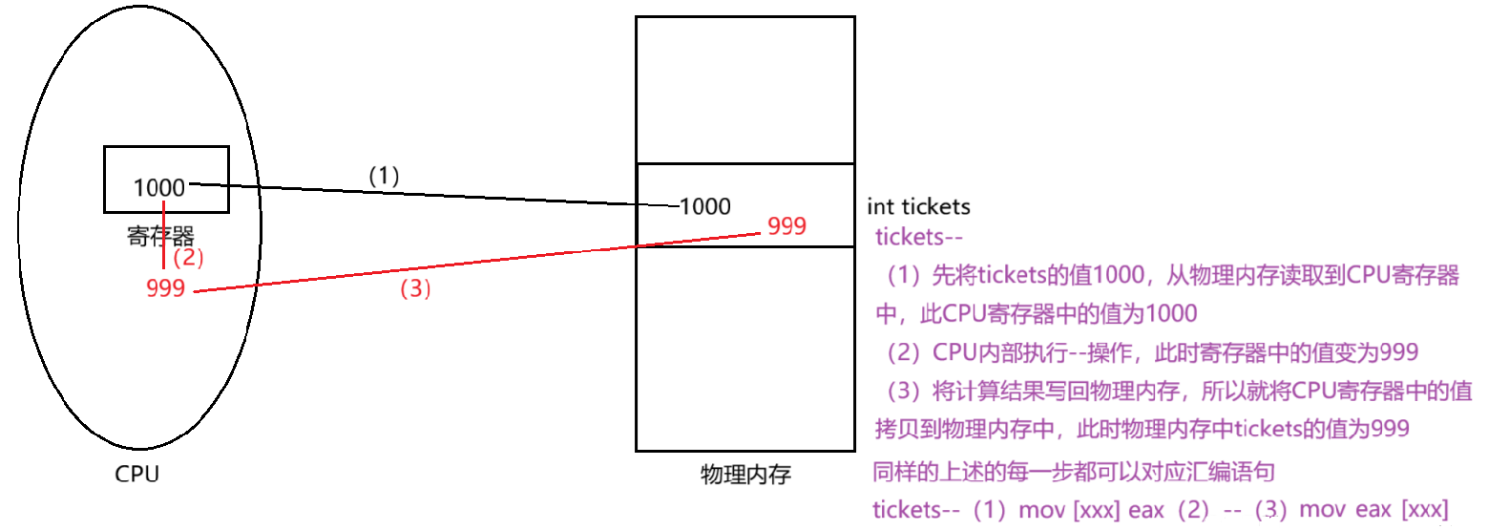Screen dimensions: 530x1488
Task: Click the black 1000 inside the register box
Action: tap(158, 187)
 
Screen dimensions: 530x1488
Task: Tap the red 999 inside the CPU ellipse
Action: tap(166, 288)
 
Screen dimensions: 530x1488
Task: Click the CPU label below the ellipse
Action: tap(137, 475)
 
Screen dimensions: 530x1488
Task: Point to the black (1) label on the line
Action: tap(384, 175)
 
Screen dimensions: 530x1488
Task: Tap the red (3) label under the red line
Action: tap(415, 291)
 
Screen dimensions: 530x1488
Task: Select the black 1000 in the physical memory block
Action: tap(705, 205)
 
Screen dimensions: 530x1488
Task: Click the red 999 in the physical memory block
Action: tap(786, 226)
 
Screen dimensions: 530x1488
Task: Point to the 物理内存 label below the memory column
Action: tap(745, 475)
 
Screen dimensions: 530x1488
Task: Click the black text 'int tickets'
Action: tap(918, 206)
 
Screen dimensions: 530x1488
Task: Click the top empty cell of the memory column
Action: tap(745, 90)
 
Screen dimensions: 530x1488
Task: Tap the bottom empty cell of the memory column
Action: tap(745, 349)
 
